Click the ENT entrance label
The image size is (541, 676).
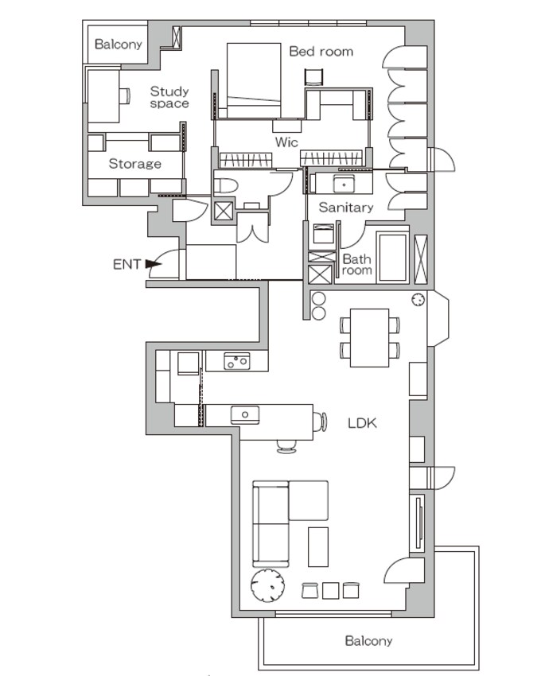click(126, 264)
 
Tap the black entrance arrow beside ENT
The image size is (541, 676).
click(151, 263)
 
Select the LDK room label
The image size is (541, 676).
click(363, 423)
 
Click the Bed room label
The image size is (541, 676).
click(321, 52)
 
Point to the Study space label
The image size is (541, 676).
click(169, 97)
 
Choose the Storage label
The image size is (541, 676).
click(135, 164)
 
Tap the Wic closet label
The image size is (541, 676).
click(286, 142)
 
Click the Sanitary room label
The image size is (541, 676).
click(346, 208)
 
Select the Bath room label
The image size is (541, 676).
click(356, 265)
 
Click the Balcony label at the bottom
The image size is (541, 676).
click(369, 641)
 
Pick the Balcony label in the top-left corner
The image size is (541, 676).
click(119, 44)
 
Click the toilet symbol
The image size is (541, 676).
click(226, 186)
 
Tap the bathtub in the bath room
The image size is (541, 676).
click(392, 258)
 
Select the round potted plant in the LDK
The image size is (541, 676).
click(268, 585)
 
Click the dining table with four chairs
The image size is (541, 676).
click(369, 337)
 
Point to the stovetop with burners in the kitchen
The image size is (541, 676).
click(236, 361)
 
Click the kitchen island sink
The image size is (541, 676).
click(245, 414)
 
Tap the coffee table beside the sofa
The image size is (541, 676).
click(318, 546)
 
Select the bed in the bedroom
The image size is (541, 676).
click(254, 80)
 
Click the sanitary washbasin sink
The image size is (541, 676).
click(344, 184)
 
